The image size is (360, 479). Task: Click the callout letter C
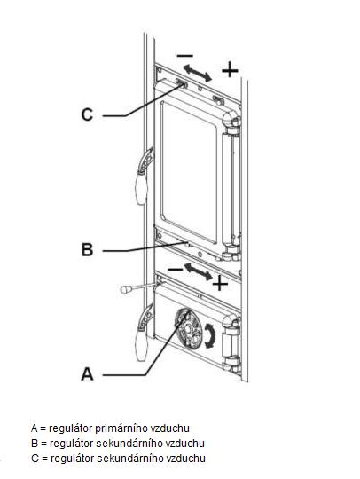87,115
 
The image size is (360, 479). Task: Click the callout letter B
87,249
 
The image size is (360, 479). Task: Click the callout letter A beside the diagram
87,374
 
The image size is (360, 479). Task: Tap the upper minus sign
185,56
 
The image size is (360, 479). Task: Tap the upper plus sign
230,70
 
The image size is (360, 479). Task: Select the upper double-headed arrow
198,74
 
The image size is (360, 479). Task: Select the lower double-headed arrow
198,271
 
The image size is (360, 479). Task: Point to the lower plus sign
220,285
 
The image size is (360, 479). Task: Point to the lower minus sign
175,269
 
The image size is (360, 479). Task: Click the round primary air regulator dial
188,328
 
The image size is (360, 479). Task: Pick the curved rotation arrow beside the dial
210,335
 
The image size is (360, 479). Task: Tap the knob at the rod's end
126,289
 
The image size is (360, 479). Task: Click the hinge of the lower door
231,342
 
